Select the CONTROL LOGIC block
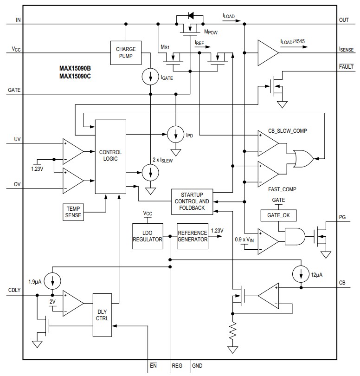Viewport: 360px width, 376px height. point(110,156)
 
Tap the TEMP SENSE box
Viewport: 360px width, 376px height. point(73,212)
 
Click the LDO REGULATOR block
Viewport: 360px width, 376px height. point(148,236)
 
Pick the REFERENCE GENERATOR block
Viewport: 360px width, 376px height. point(192,236)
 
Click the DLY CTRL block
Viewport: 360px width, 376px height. point(102,315)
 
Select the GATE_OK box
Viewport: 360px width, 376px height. point(278,215)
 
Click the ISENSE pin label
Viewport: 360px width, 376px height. point(347,49)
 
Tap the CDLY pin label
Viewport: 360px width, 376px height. point(15,291)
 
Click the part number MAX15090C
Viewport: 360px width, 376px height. point(75,76)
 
